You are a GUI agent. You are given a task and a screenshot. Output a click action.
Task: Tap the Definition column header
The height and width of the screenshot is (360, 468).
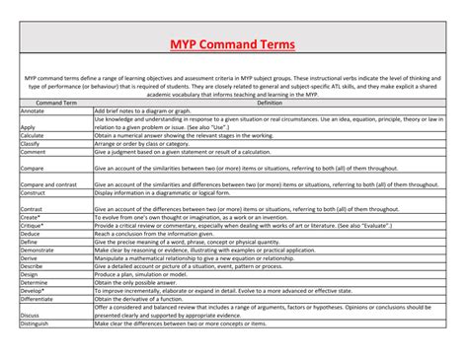pyautogui.click(x=269, y=103)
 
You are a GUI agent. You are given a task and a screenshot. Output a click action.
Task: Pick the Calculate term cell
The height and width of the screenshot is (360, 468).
pyautogui.click(x=34, y=134)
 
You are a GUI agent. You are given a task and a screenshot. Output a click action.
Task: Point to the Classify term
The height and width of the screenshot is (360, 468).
pyautogui.click(x=32, y=143)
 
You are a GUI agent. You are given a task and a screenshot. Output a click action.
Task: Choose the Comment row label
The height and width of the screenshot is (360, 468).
pyautogui.click(x=34, y=152)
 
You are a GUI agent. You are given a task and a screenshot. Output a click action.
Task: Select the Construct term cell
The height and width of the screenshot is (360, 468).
pyautogui.click(x=34, y=193)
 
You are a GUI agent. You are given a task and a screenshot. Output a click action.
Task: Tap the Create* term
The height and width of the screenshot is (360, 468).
pyautogui.click(x=31, y=217)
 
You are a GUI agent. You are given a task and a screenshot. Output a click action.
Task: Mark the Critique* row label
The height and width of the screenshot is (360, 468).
pyautogui.click(x=33, y=225)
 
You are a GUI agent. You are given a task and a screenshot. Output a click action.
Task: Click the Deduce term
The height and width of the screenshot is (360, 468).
pyautogui.click(x=31, y=233)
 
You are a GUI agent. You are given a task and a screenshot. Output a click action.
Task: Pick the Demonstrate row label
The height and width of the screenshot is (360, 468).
pyautogui.click(x=39, y=251)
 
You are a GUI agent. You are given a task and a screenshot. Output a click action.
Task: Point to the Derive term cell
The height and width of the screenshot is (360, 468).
pyautogui.click(x=30, y=258)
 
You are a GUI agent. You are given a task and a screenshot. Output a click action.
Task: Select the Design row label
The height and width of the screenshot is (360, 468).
pyautogui.click(x=30, y=274)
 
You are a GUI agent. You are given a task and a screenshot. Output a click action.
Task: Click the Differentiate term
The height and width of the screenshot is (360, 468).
pyautogui.click(x=39, y=299)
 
